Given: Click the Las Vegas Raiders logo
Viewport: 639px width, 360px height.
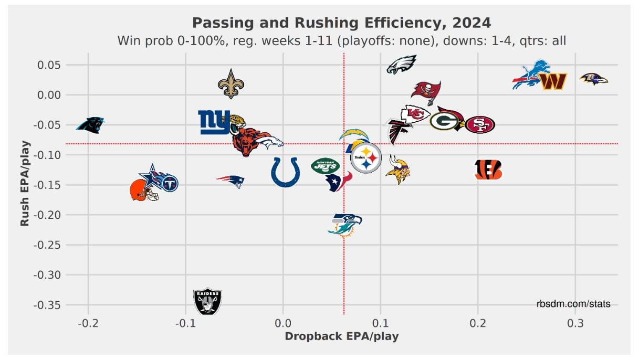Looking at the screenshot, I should point(207,301).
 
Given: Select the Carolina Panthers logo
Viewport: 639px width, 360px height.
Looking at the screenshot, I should point(90,125).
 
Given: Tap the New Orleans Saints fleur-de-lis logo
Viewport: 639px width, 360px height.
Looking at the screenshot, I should point(231,83).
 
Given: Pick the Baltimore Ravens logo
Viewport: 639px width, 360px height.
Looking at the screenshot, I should point(593,79).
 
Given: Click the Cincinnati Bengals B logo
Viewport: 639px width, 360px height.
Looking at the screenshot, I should point(488,170).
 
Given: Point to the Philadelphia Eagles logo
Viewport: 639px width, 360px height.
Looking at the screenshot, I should point(402,64).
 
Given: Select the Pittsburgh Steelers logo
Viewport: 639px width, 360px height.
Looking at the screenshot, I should point(365,157).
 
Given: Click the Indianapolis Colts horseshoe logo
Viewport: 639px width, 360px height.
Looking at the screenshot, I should point(286,172).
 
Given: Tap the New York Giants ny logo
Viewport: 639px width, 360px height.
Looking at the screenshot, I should point(214,122).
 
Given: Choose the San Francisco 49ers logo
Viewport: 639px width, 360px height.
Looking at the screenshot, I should point(480,124).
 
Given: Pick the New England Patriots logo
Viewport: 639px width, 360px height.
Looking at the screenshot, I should point(231,181).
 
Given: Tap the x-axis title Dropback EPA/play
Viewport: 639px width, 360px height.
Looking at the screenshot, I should point(341,336).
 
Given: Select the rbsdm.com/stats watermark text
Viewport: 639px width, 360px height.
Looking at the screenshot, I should point(573,304).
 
